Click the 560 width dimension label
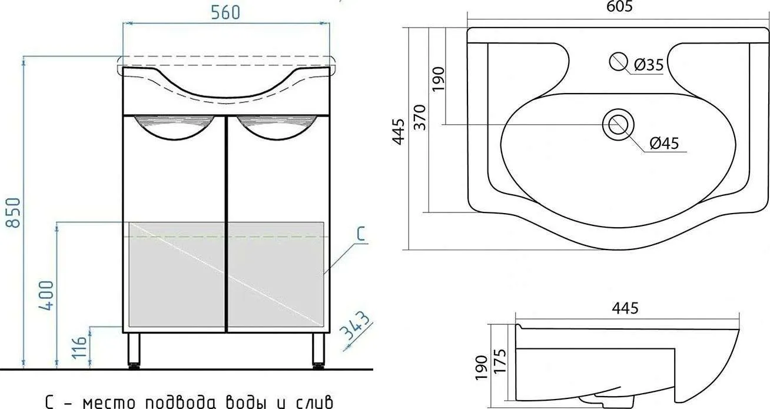coord(225,13)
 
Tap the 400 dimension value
coord(47,296)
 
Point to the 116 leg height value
coord(79,347)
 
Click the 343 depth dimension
coord(356,325)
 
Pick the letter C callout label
coord(360,234)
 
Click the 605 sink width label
coord(619,6)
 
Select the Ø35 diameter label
coord(649,65)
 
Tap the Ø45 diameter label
coord(665,144)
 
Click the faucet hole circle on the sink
coord(618,62)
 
